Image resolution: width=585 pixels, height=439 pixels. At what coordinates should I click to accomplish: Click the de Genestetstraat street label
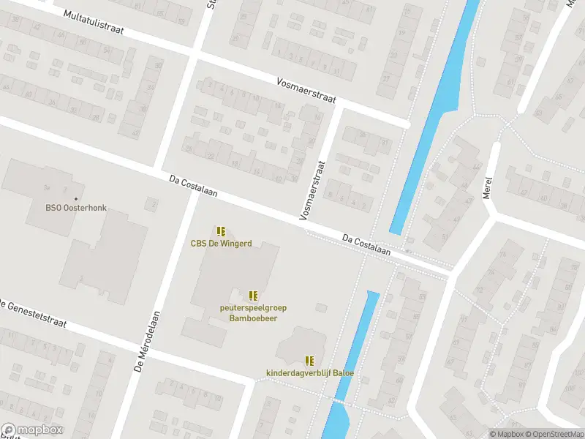coord(34,313)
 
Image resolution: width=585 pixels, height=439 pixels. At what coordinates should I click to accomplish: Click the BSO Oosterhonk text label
coord(76,208)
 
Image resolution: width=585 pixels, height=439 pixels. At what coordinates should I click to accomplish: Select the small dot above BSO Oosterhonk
coord(76,198)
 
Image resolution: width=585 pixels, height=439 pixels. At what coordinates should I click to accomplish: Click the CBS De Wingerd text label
coord(222,244)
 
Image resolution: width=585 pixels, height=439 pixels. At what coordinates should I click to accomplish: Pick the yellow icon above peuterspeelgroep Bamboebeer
coord(253,296)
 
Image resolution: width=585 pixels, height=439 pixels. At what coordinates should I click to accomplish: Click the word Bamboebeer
coord(253,318)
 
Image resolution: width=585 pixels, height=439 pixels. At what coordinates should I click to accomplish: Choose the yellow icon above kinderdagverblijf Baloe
coord(309,360)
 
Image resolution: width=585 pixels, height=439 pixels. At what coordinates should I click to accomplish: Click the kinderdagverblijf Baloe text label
coord(309,373)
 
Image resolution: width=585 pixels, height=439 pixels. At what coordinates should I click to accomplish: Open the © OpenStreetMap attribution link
coord(556,434)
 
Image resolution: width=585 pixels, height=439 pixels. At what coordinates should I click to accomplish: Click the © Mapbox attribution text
coord(507,434)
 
